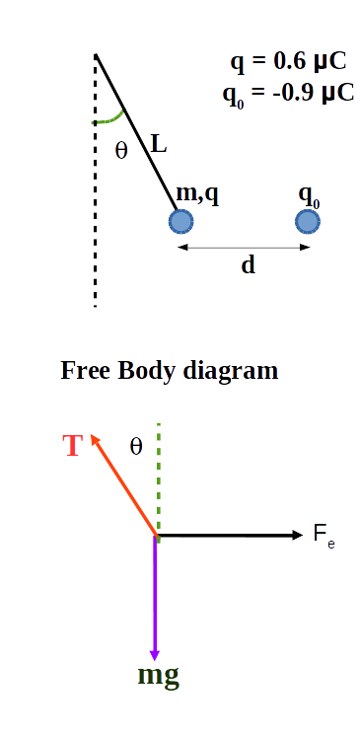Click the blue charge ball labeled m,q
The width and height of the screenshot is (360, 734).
pos(180,220)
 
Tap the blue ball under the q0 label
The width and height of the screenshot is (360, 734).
pos(308,220)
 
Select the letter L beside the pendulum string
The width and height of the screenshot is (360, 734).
pos(158,145)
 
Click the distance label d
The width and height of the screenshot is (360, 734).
pos(248,264)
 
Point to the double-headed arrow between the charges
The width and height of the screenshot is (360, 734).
pos(244,247)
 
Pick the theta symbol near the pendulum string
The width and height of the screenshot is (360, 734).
pos(121,151)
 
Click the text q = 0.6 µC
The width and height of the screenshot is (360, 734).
pos(288,61)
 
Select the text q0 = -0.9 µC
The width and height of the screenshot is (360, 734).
pos(288,92)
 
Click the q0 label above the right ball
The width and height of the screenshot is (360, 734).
pos(309,193)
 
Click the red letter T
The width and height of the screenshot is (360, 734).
pos(72,446)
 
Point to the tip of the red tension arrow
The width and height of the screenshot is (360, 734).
pos(93,435)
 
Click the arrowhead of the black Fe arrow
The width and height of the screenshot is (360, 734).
pos(300,535)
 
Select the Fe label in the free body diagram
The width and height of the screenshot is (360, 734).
pos(324,537)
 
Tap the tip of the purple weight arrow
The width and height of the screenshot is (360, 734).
pos(155,657)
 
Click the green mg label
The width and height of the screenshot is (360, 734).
pos(158,678)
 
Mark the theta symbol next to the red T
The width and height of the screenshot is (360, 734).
pos(136,446)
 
